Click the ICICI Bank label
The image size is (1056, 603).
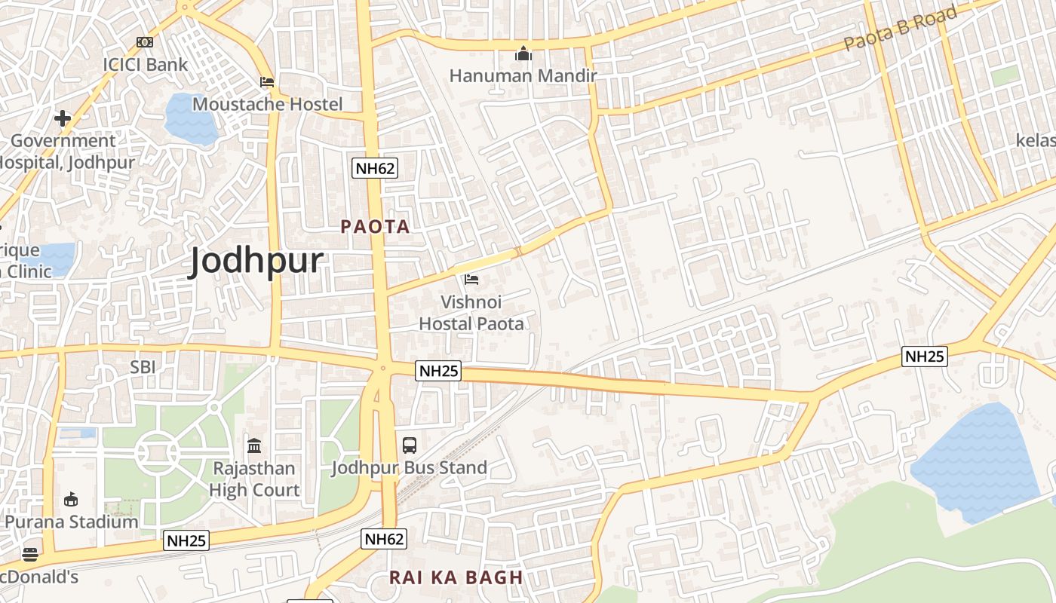(145, 65)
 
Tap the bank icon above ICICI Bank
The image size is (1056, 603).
(144, 42)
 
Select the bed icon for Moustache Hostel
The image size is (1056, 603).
(267, 82)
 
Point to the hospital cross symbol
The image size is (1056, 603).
(63, 118)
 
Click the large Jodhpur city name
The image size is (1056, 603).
(256, 261)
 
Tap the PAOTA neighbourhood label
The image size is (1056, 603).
(375, 227)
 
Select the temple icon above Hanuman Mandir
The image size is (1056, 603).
(523, 54)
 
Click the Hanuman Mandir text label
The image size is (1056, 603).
(523, 76)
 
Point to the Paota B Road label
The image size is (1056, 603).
(901, 28)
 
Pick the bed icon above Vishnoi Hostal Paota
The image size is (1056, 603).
(471, 280)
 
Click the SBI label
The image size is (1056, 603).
(143, 367)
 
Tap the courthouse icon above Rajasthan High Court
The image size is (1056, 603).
(254, 446)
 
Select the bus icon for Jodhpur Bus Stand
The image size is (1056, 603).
(410, 445)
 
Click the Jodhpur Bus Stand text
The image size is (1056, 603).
(410, 468)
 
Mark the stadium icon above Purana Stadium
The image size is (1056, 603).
(71, 499)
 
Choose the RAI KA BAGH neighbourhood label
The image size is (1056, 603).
(456, 578)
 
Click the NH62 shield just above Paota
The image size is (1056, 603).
(375, 168)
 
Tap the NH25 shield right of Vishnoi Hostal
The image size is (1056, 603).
(438, 371)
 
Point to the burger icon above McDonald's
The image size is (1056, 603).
(30, 555)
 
